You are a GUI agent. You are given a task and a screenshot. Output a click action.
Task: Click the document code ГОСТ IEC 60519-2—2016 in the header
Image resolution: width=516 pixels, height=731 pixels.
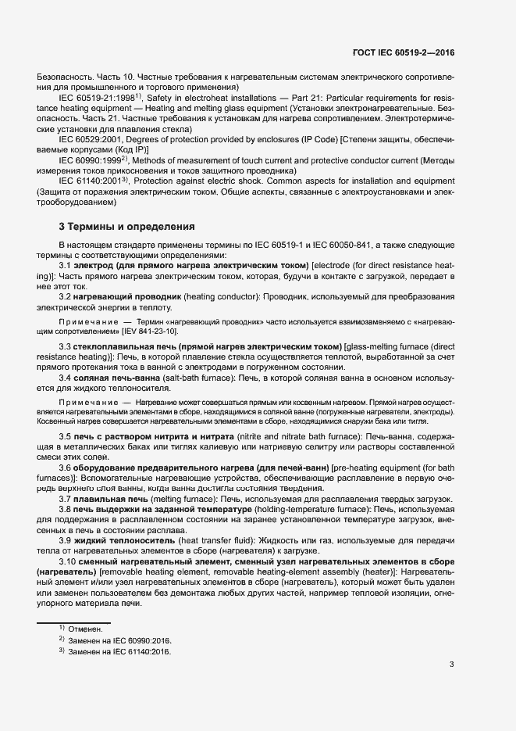pos(404,52)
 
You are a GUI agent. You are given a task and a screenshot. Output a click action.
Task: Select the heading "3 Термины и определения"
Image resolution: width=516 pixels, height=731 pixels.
pos(126,228)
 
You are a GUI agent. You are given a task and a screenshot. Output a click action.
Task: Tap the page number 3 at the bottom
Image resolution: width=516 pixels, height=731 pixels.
pos(451,665)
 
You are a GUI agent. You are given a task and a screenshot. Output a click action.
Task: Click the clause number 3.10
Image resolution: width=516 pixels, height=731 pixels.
pos(69,562)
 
